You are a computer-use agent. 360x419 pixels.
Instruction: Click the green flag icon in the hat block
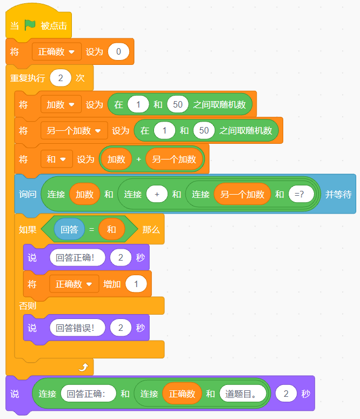[30, 25]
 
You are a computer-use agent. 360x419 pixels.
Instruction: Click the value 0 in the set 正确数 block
[118, 52]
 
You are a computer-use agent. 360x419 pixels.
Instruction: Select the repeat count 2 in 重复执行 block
[61, 78]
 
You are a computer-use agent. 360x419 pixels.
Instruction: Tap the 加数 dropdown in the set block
[61, 104]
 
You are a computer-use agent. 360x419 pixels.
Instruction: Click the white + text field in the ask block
[157, 194]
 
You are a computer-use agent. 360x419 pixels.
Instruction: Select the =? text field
[301, 194]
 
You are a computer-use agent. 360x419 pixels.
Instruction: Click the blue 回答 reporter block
[69, 230]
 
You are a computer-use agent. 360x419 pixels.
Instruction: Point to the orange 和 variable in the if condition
[111, 230]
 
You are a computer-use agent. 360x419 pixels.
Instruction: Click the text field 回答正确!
[77, 258]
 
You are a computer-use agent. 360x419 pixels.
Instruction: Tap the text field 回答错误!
[77, 328]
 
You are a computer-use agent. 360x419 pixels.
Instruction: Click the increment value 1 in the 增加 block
[136, 284]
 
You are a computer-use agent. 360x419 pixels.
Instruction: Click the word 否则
[28, 306]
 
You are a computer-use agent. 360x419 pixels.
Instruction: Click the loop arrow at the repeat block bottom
[83, 368]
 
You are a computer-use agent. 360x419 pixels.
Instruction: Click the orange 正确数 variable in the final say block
[182, 394]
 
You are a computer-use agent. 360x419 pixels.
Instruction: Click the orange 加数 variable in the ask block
[85, 194]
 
